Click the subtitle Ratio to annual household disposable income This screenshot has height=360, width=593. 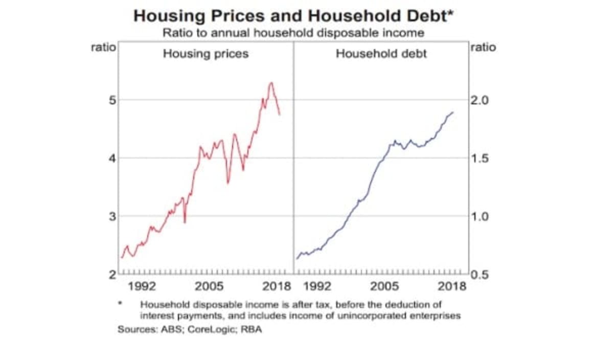[x=293, y=33]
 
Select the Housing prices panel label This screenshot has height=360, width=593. [x=206, y=54]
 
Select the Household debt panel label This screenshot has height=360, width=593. [x=381, y=54]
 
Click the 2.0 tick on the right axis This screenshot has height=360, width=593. [x=480, y=100]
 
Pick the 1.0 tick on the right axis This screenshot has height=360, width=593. [x=480, y=216]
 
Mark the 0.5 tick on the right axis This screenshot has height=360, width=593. [x=480, y=275]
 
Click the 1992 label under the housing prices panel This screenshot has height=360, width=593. [x=142, y=286]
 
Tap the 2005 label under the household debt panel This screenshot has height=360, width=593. [x=384, y=286]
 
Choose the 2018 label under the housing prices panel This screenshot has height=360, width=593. [x=276, y=286]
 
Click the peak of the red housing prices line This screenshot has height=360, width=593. [x=271, y=82]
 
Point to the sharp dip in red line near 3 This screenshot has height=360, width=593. [x=185, y=222]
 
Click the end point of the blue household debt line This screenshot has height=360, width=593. [x=453, y=112]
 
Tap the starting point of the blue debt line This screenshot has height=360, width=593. [x=297, y=259]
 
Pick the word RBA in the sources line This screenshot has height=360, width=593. [x=252, y=330]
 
